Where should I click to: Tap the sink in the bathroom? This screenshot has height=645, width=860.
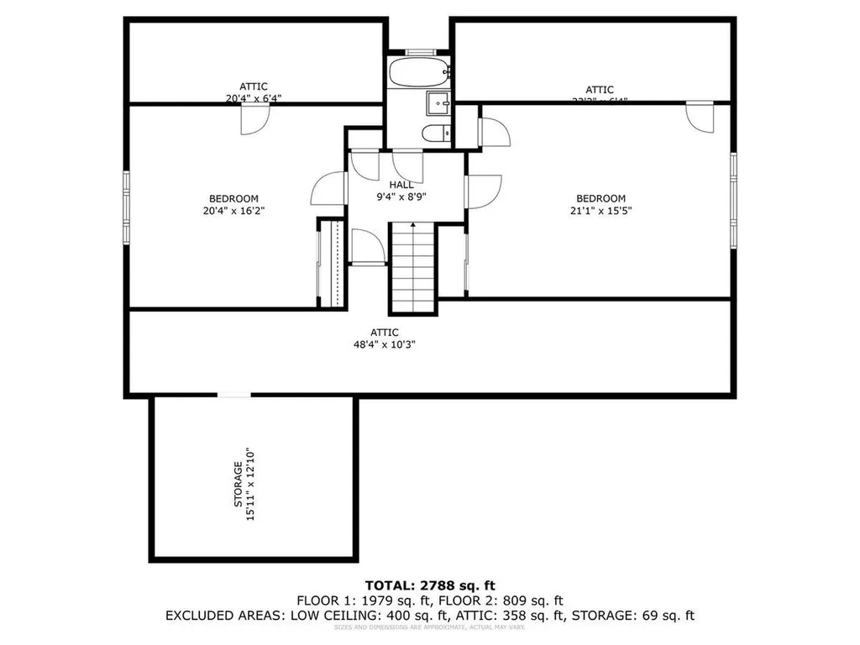click(x=437, y=103)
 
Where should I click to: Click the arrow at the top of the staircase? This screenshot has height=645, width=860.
click(x=412, y=225)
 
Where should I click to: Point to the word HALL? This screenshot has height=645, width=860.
click(x=401, y=185)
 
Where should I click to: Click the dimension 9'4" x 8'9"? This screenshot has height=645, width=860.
click(x=401, y=198)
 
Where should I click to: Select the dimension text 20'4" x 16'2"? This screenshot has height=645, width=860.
click(x=227, y=212)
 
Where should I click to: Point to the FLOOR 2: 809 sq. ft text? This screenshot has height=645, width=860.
click(x=511, y=600)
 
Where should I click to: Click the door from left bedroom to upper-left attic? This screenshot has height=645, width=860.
click(x=253, y=119)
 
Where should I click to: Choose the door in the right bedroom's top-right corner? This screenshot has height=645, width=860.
click(x=699, y=116)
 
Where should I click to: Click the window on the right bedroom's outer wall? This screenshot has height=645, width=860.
click(x=733, y=201)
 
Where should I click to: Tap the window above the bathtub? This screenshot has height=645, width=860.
click(x=417, y=52)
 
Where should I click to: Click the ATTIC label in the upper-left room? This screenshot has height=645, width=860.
click(x=253, y=87)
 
